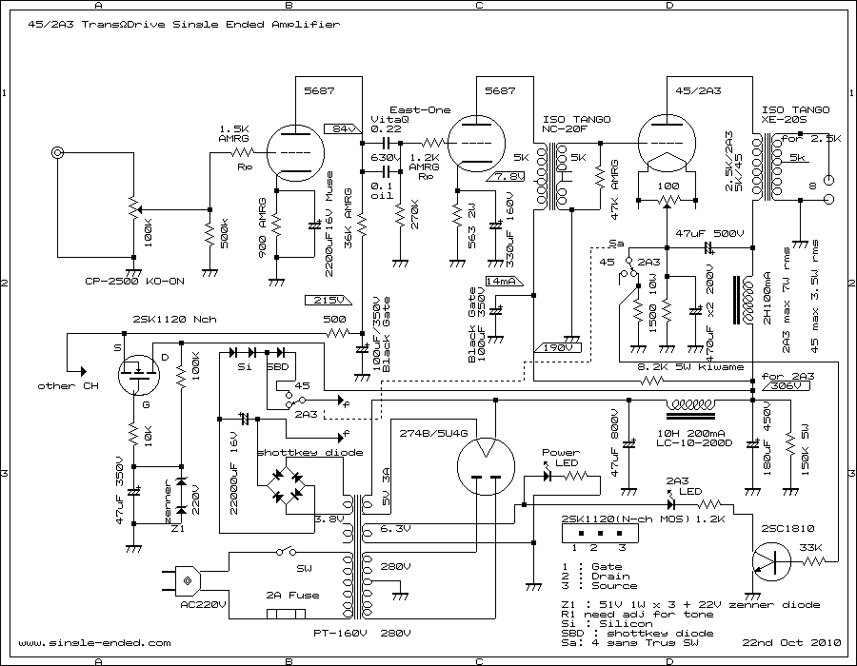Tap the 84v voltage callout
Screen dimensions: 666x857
click(339, 127)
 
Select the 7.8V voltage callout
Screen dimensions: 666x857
click(506, 176)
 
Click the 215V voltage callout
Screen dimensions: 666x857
click(331, 300)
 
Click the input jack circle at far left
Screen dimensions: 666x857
click(60, 152)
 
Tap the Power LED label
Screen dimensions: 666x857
click(560, 453)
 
